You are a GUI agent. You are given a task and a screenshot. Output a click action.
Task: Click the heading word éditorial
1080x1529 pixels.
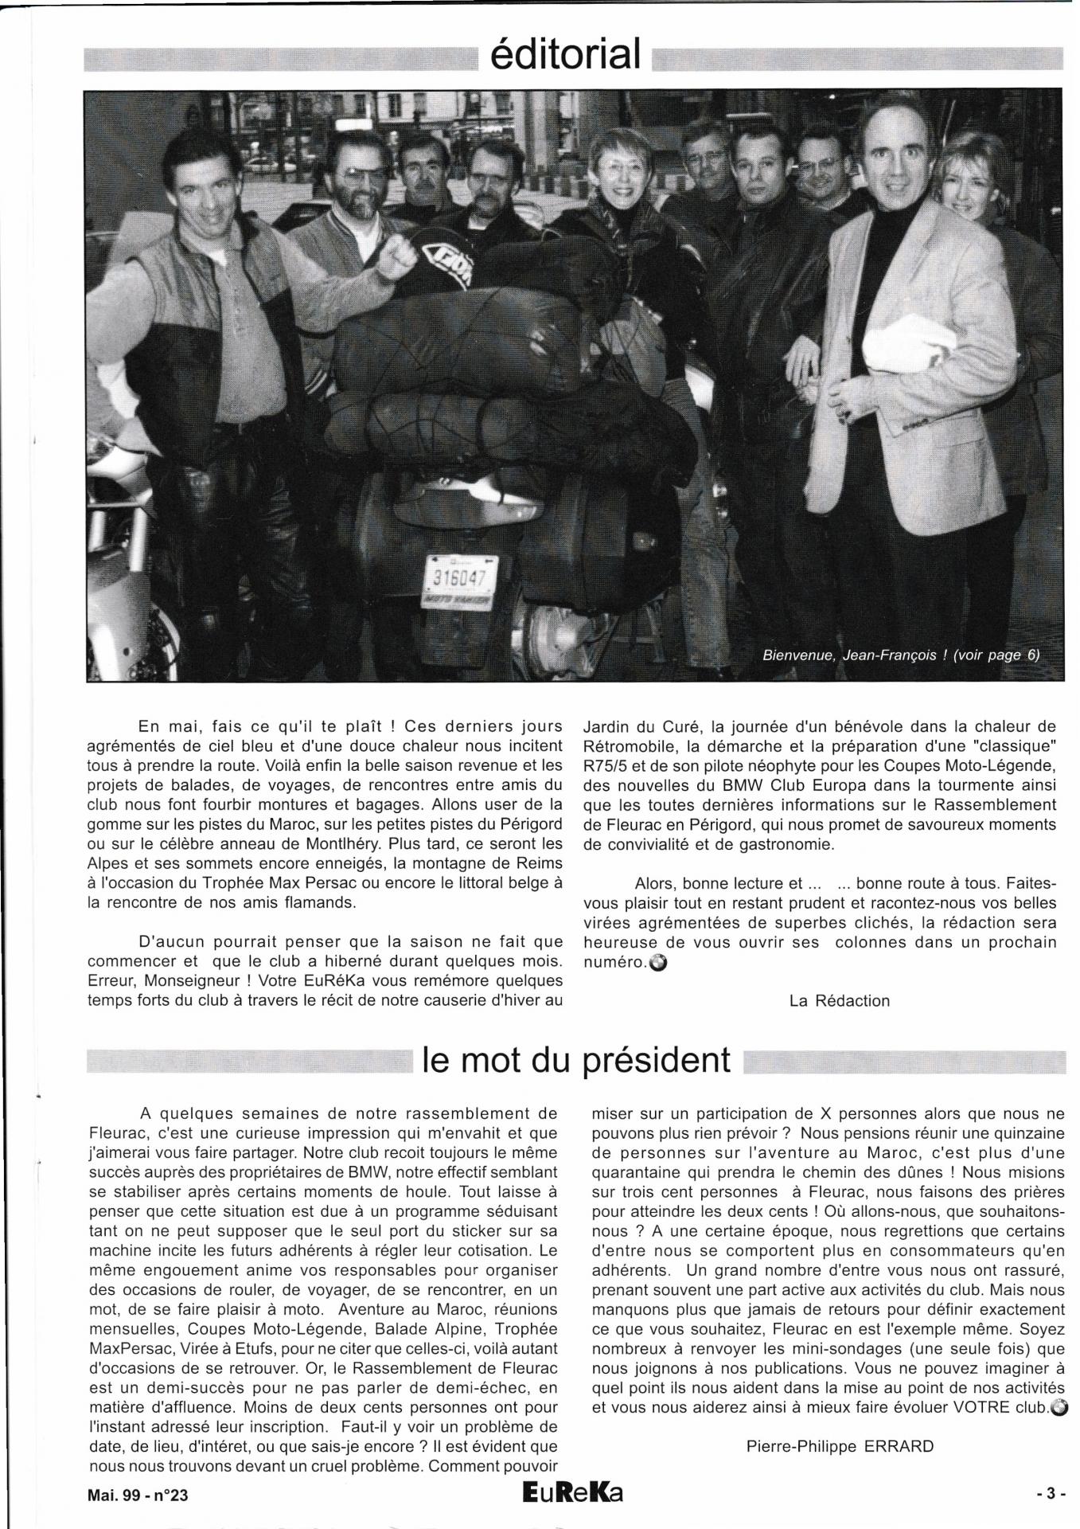[566, 55]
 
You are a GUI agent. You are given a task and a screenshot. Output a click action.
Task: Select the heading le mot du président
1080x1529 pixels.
[576, 1060]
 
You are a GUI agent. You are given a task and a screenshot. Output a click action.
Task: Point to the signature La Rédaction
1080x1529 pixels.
[839, 1001]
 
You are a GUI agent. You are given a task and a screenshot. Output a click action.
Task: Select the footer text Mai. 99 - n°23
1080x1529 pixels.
[138, 1496]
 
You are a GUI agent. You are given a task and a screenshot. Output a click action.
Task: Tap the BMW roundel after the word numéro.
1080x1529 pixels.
[658, 963]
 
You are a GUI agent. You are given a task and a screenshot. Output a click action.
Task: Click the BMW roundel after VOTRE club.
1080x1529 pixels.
[1058, 1407]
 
